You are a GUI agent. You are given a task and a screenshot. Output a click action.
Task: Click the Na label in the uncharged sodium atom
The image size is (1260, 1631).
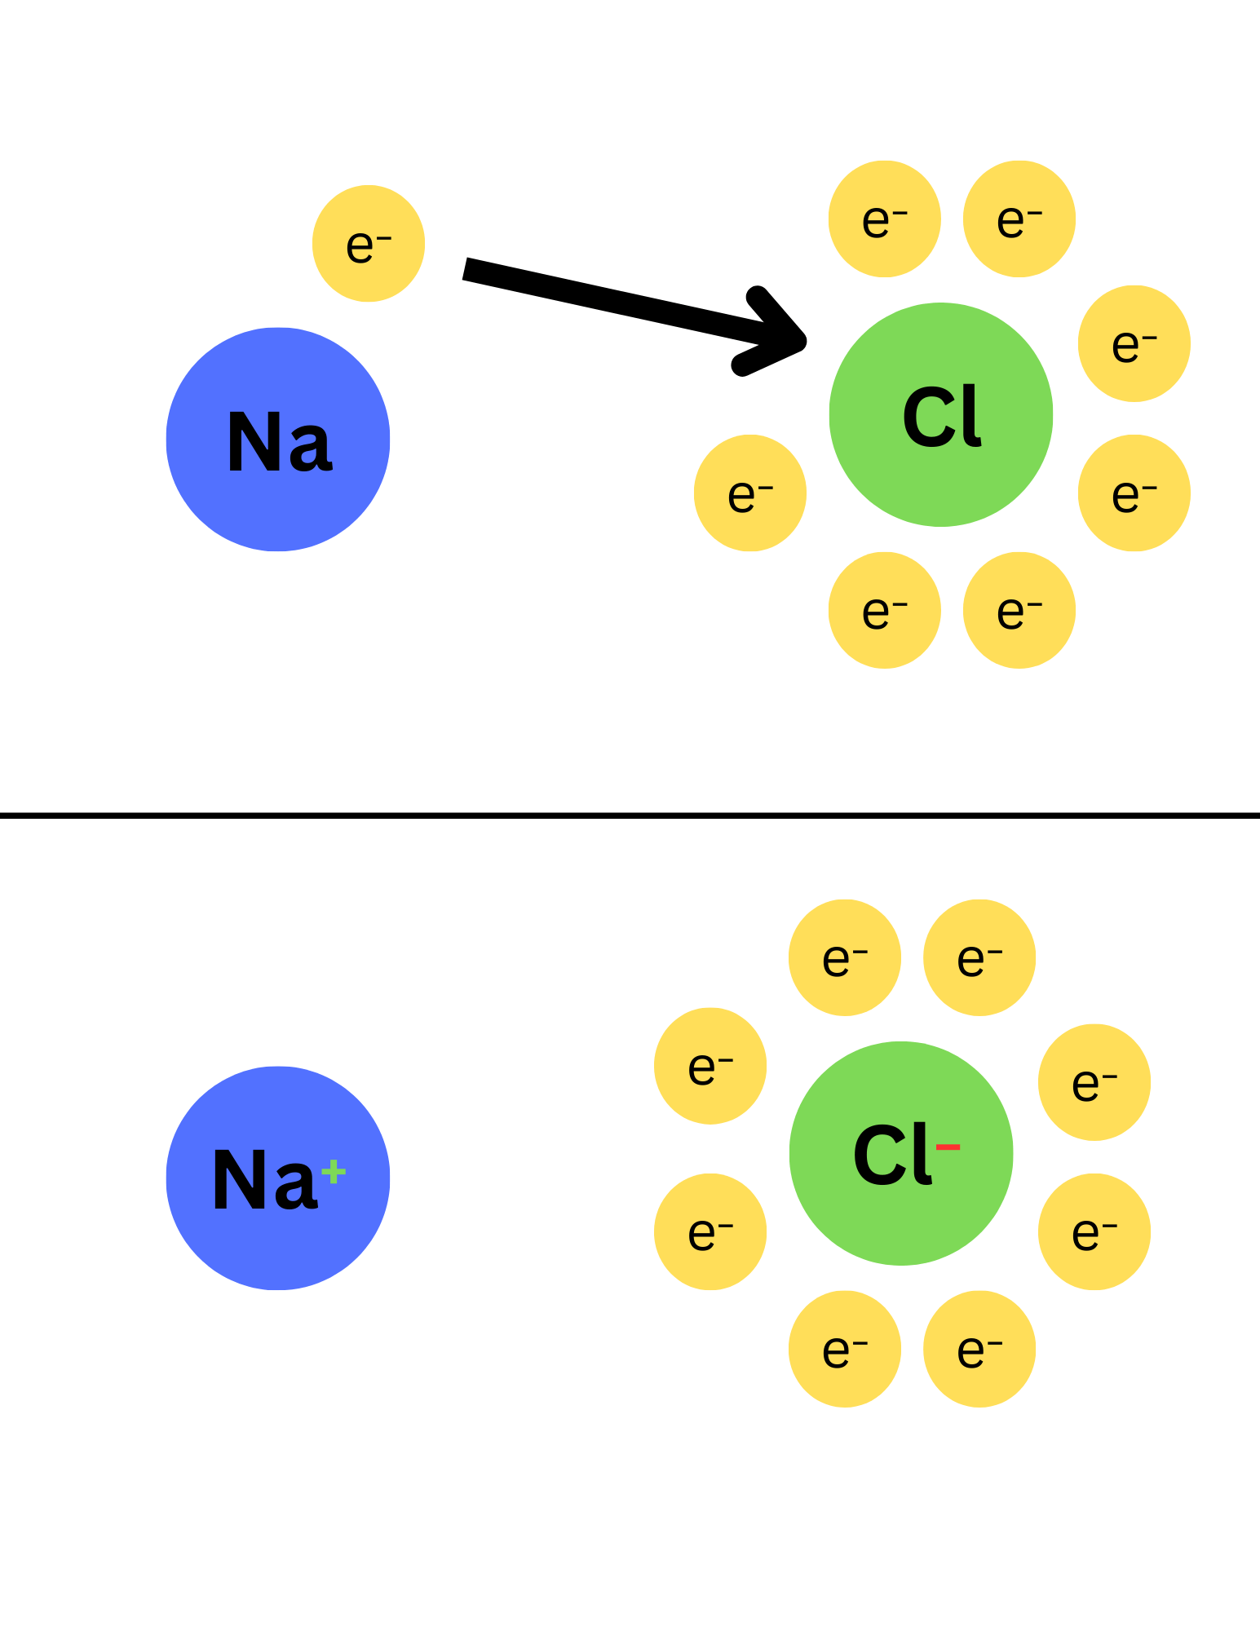pos(279,441)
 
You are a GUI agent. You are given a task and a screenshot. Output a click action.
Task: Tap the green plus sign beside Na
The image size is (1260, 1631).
pos(334,1173)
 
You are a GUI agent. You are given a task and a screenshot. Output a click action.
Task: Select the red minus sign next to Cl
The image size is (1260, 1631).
pos(948,1147)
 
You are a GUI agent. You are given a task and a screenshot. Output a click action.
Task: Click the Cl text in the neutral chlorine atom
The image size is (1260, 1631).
pos(942,417)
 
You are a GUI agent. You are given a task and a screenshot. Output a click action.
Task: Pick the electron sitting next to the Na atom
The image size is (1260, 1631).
pos(369,244)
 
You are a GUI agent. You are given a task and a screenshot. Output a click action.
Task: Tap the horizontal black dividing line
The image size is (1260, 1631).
pos(630,815)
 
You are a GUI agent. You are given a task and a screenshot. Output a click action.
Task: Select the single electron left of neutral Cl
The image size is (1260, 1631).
pos(750,493)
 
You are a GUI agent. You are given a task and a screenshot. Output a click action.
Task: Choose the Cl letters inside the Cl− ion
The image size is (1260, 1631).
pos(891,1154)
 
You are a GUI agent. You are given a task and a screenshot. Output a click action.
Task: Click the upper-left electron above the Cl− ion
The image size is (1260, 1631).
pos(845,957)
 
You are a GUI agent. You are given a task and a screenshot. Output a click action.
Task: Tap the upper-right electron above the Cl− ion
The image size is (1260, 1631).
pos(979,957)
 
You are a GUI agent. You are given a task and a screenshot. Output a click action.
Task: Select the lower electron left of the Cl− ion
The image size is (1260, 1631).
pos(710,1231)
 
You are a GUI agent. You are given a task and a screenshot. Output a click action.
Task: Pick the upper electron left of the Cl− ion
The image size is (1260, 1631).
pos(710,1066)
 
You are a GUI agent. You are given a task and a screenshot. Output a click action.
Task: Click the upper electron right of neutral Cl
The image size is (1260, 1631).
pos(1134,343)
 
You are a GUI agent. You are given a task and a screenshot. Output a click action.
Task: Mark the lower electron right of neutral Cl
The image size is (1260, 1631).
pos(1134,493)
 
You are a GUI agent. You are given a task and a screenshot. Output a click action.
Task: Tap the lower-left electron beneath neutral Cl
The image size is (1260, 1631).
pos(885,611)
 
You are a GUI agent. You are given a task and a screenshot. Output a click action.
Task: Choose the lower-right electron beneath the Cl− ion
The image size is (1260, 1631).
pos(979,1349)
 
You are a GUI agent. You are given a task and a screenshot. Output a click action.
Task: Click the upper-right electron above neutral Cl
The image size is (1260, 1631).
pos(1019,219)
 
